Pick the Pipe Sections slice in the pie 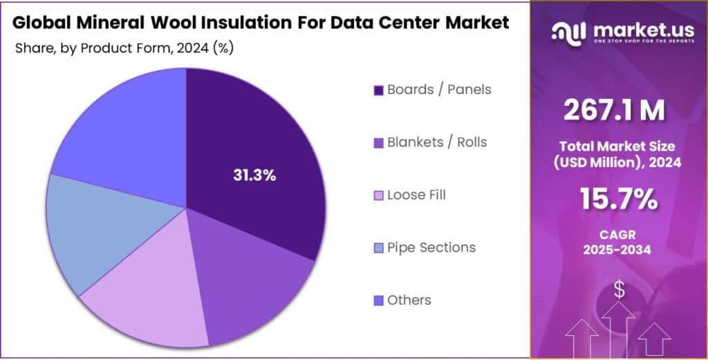pyautogui.click(x=97, y=228)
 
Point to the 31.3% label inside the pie pyautogui.click(x=254, y=176)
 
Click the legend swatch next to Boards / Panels pyautogui.click(x=378, y=91)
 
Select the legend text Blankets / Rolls pyautogui.click(x=436, y=142)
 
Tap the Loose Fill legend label pyautogui.click(x=416, y=195)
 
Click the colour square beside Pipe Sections pyautogui.click(x=378, y=248)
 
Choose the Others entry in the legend pyautogui.click(x=409, y=300)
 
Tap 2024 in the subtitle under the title pyautogui.click(x=192, y=48)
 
